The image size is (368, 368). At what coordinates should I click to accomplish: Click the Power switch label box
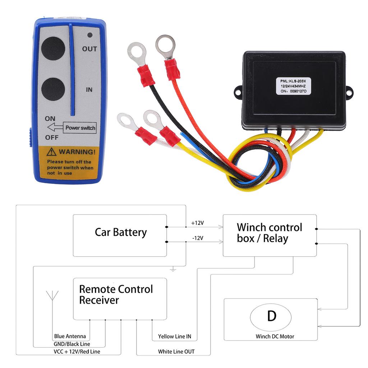click(80, 128)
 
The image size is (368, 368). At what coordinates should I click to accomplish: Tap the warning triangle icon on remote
click(52, 151)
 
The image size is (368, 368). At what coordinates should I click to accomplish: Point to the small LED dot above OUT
click(90, 36)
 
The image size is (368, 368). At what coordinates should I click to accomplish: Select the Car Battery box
click(120, 235)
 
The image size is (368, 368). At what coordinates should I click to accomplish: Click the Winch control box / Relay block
click(270, 235)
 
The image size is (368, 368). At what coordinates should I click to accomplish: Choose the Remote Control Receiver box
click(120, 298)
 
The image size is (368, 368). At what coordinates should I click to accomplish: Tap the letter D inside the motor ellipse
click(272, 316)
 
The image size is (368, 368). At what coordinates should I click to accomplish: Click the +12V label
click(197, 223)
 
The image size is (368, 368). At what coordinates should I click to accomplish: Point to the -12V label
click(197, 238)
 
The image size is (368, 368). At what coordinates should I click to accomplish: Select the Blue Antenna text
click(70, 336)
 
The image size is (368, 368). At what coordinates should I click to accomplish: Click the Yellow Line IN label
click(175, 337)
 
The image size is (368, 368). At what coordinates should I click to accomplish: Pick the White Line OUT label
click(176, 352)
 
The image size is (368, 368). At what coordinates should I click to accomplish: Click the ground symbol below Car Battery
click(173, 269)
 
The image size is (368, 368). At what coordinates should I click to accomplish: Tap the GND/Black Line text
click(72, 344)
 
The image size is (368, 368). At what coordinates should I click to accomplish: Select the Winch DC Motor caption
click(275, 336)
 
